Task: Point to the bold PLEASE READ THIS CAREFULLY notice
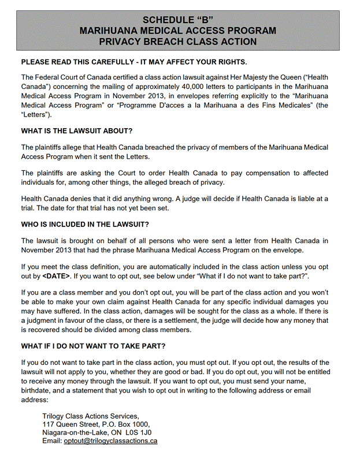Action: pos(133,62)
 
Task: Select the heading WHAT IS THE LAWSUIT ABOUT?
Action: pos(77,131)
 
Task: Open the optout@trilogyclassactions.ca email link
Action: pos(110,441)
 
